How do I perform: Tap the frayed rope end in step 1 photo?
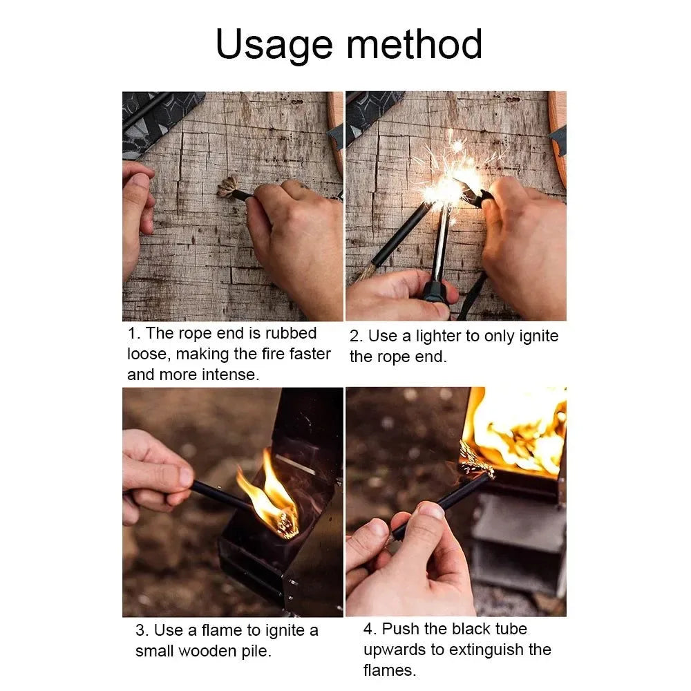[227, 187]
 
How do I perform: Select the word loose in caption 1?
[148, 354]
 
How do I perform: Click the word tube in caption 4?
[511, 629]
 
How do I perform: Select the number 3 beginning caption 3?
[140, 630]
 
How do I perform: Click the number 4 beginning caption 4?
[368, 629]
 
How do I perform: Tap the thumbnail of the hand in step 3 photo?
[185, 477]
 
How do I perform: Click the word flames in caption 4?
[389, 670]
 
